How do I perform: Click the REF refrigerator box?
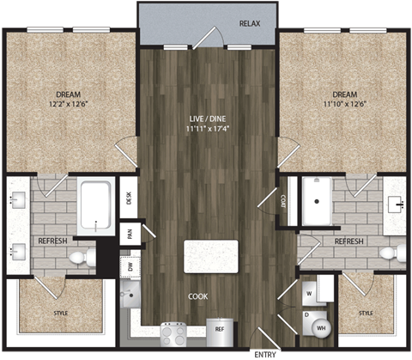click(220, 328)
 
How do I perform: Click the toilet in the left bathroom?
click(80, 256)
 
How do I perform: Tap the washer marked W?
click(309, 291)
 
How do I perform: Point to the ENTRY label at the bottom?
click(264, 353)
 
